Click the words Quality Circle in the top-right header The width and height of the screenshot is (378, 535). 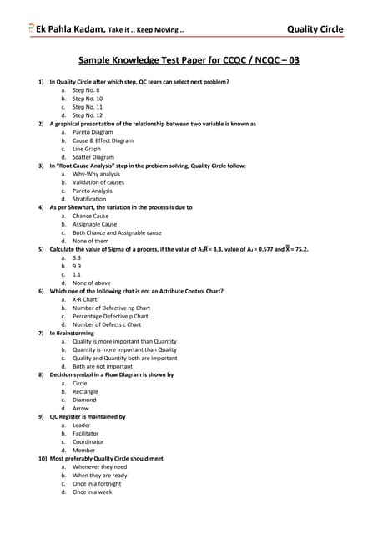(x=314, y=29)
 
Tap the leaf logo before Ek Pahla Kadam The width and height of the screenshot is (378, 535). (x=32, y=28)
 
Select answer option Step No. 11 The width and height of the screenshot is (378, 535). (x=88, y=107)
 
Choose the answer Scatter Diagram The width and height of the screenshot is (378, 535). (x=93, y=157)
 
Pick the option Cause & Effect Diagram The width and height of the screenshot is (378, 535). (x=103, y=140)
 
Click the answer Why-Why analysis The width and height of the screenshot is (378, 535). (x=96, y=174)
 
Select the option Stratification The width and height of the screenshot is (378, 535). (x=89, y=199)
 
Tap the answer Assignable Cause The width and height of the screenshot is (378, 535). (x=94, y=224)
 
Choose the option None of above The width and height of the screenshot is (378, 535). (x=91, y=283)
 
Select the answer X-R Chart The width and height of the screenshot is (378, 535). (x=86, y=299)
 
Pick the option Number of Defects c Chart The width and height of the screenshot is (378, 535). (x=107, y=324)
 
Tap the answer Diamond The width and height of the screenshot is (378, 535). (x=85, y=400)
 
